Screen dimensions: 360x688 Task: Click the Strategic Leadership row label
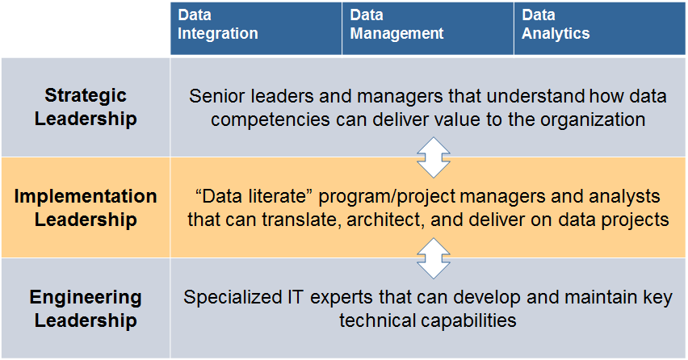86,107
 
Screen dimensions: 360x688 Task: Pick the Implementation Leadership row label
86,208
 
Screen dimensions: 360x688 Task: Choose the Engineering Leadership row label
86,309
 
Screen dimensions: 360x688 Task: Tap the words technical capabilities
427,320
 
